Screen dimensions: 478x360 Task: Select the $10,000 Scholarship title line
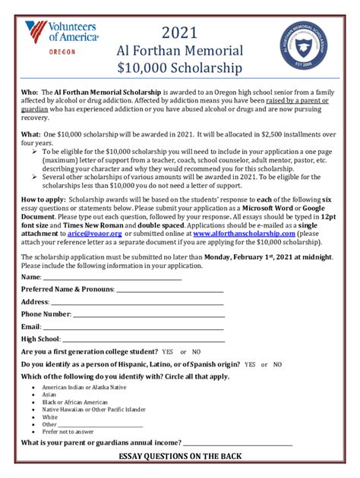[x=179, y=69]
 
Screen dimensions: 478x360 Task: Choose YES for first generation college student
[x=167, y=352]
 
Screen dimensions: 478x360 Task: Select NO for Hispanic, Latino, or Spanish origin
[x=277, y=364]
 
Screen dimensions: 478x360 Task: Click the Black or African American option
[x=75, y=402]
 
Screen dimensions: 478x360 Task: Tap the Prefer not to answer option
[x=68, y=431]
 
